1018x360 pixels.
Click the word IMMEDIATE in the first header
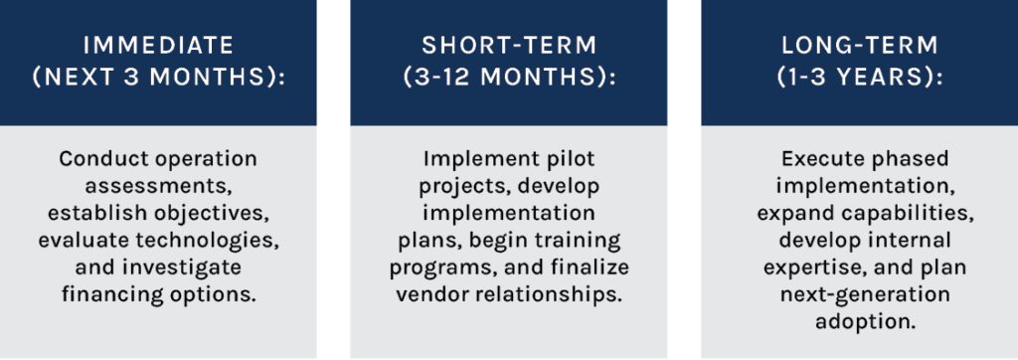[x=158, y=46]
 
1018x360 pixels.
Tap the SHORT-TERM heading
[x=508, y=46]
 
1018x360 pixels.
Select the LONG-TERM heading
[x=860, y=46]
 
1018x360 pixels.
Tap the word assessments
[x=159, y=186]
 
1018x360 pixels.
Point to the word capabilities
[x=902, y=213]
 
